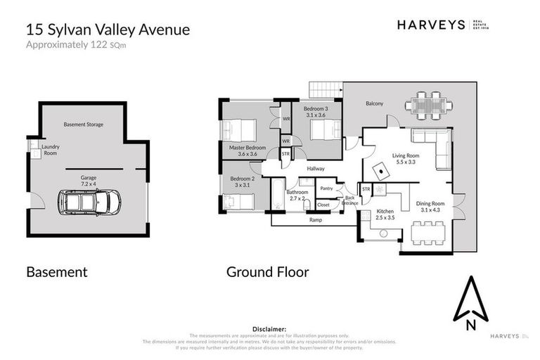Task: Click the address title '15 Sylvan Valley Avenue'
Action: [x=108, y=30]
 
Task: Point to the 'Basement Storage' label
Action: [x=84, y=124]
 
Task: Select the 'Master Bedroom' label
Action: [x=247, y=150]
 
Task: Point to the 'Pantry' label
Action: [x=326, y=188]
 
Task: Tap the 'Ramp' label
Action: [x=315, y=220]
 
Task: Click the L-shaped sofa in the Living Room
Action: [x=436, y=147]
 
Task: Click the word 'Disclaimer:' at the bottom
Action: [x=270, y=328]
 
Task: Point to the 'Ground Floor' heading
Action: [x=267, y=271]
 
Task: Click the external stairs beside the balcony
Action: [x=326, y=91]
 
